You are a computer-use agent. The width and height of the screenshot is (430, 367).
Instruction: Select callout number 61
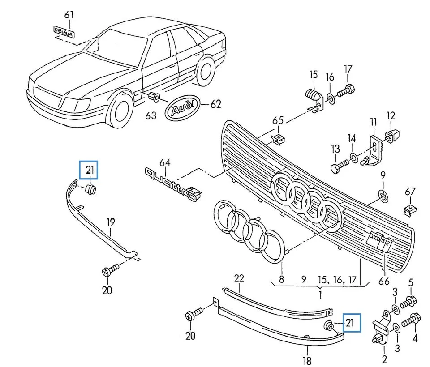pos(68,14)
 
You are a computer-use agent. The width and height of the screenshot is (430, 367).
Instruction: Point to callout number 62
pos(216,105)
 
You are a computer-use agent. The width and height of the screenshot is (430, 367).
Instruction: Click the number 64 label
pos(165,162)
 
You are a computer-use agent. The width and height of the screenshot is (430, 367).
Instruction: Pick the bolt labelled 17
pos(345,92)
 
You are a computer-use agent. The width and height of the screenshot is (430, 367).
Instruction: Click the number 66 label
pos(384,282)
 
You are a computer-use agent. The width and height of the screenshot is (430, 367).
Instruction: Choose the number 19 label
pos(110,221)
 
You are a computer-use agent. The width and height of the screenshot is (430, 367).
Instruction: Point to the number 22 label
pos(239,278)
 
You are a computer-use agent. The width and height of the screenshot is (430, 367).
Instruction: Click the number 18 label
pos(307,360)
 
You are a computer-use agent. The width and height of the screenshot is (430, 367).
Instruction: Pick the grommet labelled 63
pos(154,97)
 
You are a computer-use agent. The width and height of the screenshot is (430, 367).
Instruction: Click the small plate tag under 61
pos(64,30)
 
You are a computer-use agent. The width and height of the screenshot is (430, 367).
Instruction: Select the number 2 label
pos(383,358)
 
